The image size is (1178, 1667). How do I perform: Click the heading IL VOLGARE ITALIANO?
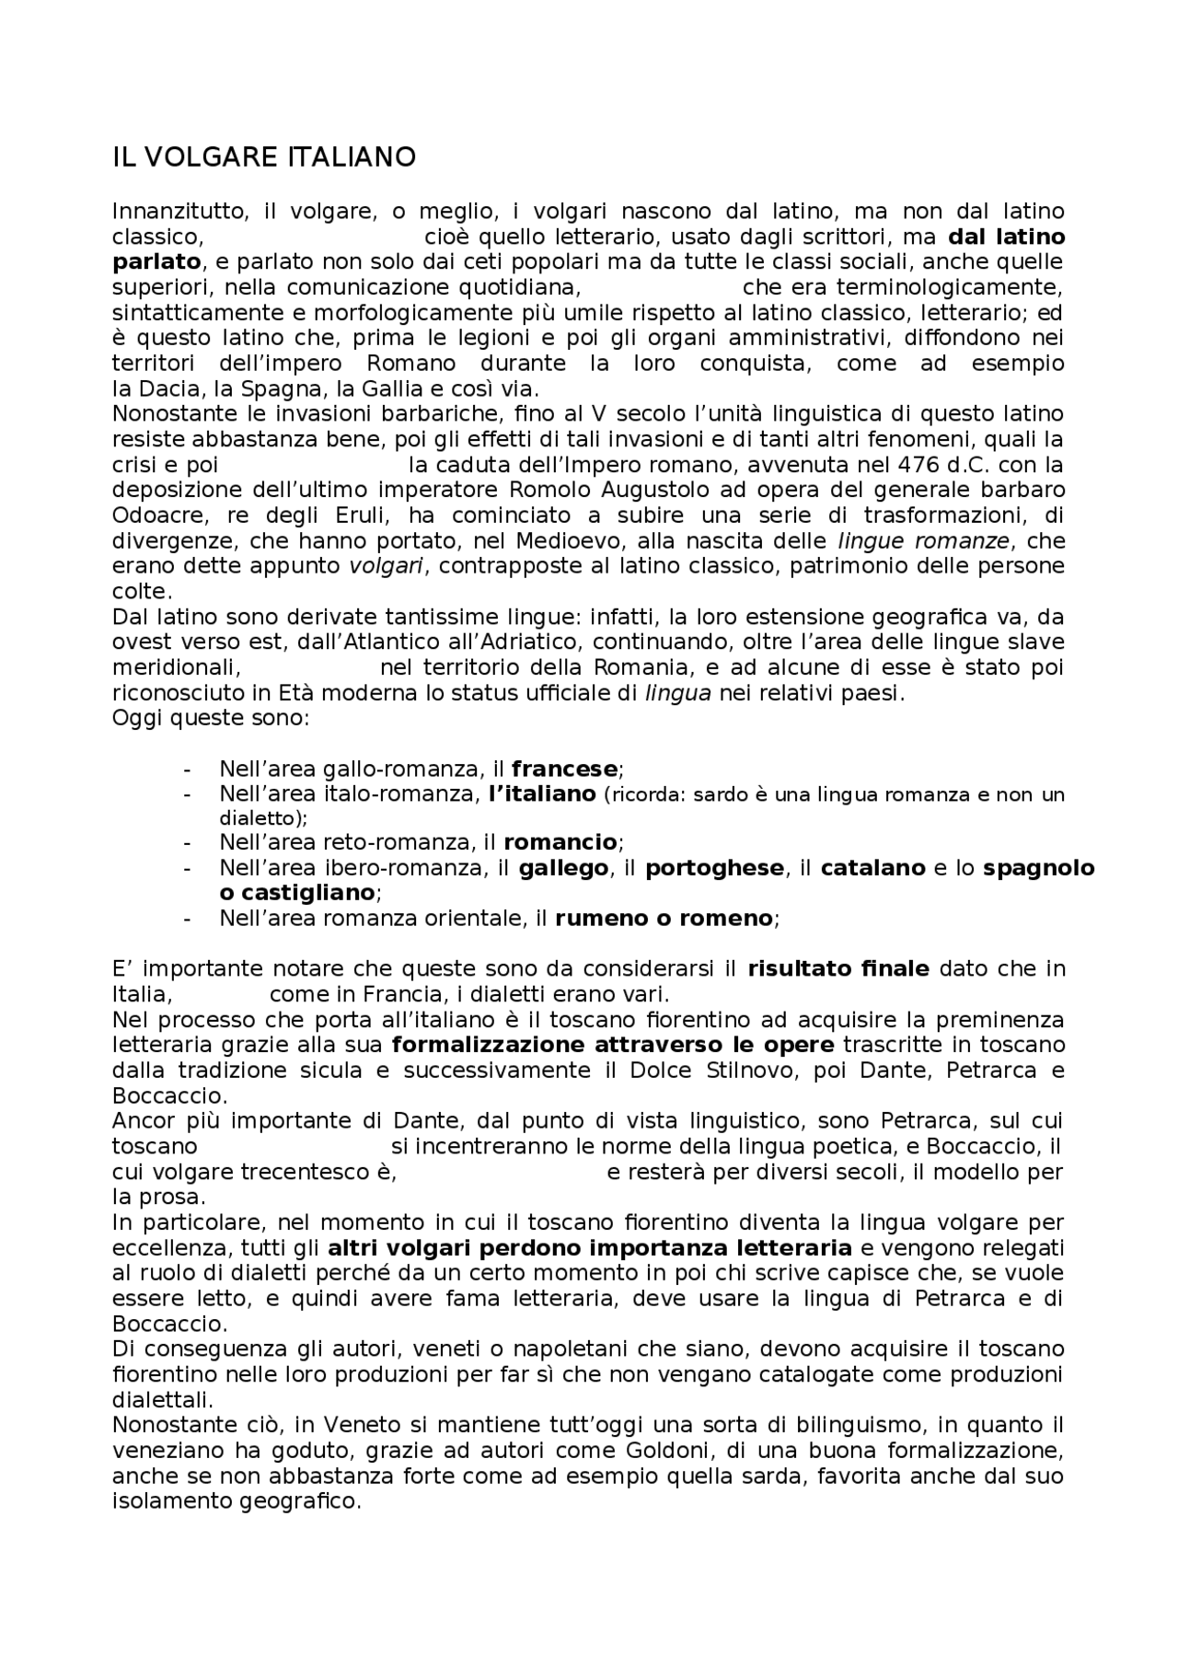coord(263,157)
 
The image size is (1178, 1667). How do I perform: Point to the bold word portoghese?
coord(714,867)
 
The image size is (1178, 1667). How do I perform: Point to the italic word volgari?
coord(385,565)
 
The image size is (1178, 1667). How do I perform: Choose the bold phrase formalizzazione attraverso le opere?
coord(613,1045)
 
